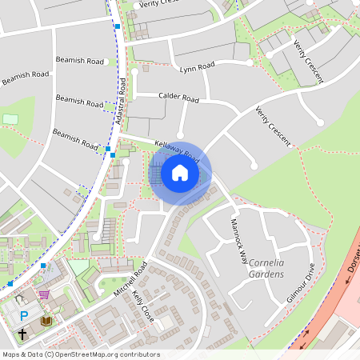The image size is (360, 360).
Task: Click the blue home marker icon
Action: (x=180, y=173)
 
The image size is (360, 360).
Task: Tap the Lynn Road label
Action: (x=197, y=67)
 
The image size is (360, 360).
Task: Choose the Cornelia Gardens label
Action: (x=267, y=268)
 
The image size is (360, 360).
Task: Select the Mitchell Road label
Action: (x=131, y=281)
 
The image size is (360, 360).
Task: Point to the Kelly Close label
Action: (x=142, y=306)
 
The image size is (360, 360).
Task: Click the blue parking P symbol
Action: (x=23, y=316)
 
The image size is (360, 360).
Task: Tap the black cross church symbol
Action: (x=22, y=333)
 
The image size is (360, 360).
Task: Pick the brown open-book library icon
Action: (x=46, y=321)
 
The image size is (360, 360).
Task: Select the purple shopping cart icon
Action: (x=43, y=294)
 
